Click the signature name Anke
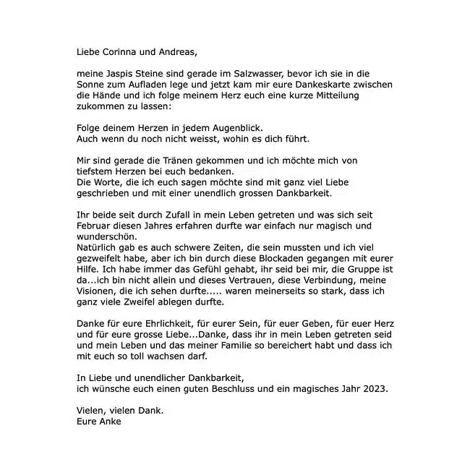pos(112,421)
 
